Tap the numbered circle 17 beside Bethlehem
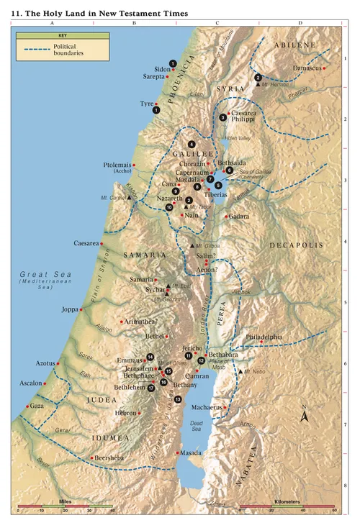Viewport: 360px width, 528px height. coord(152,388)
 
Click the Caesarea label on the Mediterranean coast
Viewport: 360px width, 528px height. coord(86,243)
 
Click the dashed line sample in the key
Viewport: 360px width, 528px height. coord(35,50)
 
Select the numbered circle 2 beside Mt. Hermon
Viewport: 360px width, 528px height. coord(258,77)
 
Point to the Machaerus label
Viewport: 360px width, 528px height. coord(207,407)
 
